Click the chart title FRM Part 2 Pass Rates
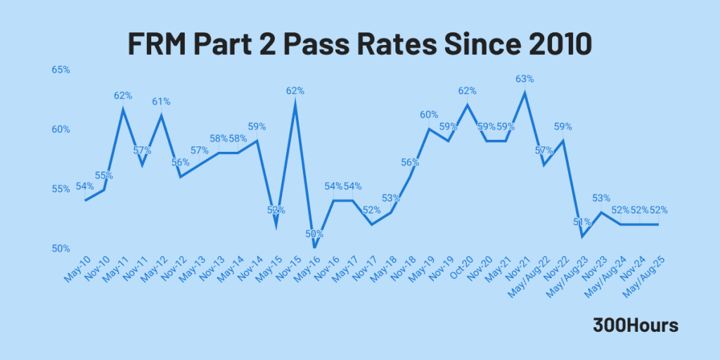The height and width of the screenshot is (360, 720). point(359,44)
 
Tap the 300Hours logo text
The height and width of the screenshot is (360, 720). point(635,325)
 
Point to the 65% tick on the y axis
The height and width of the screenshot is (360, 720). point(60,70)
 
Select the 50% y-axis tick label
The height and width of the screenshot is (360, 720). point(60,248)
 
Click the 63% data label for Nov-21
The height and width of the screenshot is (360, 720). point(525,79)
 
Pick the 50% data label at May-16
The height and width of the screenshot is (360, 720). point(314,233)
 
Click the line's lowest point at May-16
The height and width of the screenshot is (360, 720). point(314,247)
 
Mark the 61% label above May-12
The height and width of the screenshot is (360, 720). point(162,101)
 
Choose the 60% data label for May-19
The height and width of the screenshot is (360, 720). point(429,115)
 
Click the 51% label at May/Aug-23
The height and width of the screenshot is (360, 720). point(582,221)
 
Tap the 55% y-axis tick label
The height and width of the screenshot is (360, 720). point(60,188)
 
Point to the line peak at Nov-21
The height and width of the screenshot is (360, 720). point(525,92)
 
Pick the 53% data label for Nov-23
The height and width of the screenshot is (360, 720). point(601,198)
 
